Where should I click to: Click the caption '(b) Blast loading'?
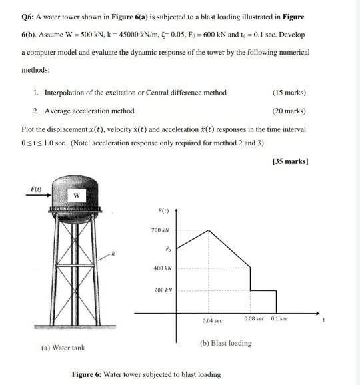tap(225, 343)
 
